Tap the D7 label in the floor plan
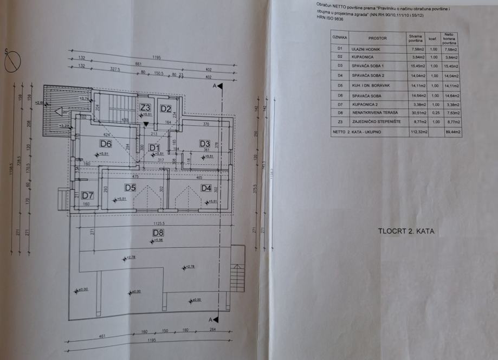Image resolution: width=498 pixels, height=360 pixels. click(88, 195)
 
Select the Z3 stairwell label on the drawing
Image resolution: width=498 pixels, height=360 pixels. click(145, 107)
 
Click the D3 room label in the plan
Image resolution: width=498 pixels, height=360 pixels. click(204, 144)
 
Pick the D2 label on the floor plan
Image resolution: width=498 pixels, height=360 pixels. click(165, 108)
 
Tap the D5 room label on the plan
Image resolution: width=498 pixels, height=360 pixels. click(130, 188)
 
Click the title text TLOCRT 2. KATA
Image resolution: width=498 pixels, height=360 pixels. click(406, 232)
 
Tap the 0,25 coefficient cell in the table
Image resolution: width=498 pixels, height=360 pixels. click(433, 113)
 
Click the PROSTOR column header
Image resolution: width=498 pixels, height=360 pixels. click(377, 38)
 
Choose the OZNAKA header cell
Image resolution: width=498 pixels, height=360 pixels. click(340, 38)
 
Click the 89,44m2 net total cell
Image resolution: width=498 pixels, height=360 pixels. click(451, 132)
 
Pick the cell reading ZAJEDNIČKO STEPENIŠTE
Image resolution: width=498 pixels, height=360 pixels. click(376, 123)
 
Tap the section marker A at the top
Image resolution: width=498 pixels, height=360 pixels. click(215, 86)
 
